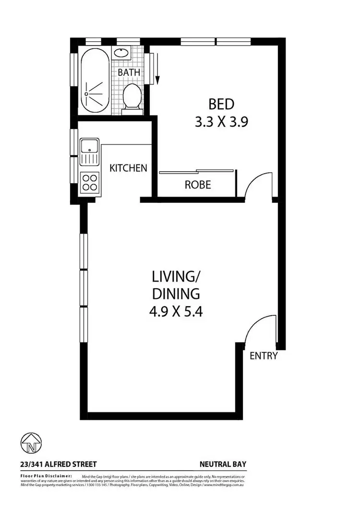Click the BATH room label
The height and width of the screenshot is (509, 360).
pos(130,72)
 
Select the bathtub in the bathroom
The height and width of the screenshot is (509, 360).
pos(95,81)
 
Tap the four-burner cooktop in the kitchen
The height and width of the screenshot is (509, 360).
pos(90,182)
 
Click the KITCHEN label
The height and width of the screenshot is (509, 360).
pos(128,168)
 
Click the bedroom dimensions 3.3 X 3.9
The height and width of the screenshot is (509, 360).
pos(221,122)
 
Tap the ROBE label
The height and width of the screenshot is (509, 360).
pos(198,185)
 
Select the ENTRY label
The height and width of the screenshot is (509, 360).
pos(264,356)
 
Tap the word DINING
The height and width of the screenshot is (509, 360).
pos(176,294)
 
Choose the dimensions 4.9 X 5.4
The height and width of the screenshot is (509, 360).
pos(176,311)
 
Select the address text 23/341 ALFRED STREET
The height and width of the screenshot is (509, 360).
pos(59,464)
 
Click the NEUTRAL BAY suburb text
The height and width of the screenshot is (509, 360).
pos(223,464)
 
